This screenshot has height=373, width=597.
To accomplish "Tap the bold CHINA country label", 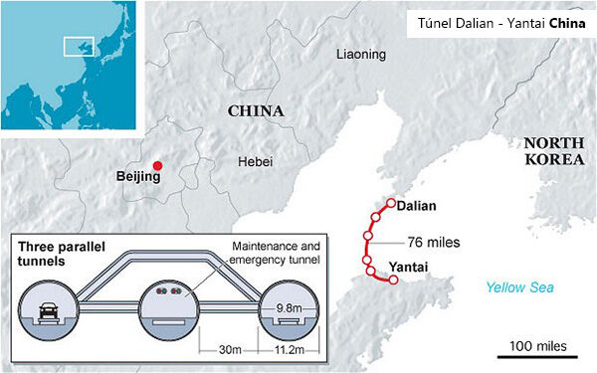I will tap(256, 110).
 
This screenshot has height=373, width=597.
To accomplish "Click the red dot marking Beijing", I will tap(156, 165).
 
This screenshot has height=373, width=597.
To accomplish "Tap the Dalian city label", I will tap(415, 206).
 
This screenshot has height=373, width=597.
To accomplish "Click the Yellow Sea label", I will tap(519, 287).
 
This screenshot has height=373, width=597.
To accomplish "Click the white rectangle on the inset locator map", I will tap(78, 46).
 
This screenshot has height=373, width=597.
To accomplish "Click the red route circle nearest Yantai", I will tap(393, 280).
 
